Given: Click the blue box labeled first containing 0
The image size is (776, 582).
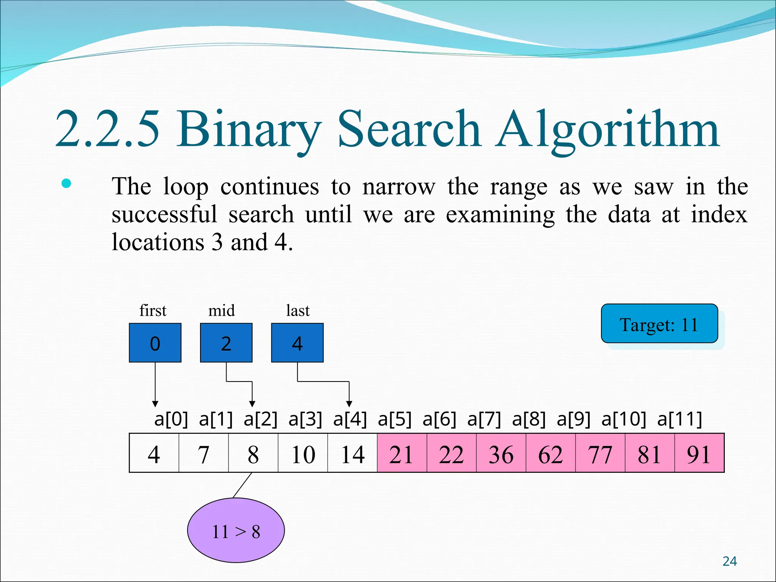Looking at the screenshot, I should click(155, 343).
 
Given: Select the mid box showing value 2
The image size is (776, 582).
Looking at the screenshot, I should click(226, 343).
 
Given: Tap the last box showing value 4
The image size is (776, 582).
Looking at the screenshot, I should click(297, 343).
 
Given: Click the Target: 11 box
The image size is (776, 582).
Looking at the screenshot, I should click(659, 324).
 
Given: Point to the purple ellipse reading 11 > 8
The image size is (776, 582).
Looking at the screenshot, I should click(236, 530).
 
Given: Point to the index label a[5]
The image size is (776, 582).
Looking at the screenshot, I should click(394, 419).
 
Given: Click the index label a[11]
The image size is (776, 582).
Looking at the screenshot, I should click(680, 419).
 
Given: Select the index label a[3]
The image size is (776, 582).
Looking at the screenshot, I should click(305, 419).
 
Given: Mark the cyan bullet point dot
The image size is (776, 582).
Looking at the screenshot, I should click(66, 184).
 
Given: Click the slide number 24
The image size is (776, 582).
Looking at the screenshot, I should click(729, 561).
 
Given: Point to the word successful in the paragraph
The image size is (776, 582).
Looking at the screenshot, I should click(164, 215).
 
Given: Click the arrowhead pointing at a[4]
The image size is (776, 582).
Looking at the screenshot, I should click(349, 404).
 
